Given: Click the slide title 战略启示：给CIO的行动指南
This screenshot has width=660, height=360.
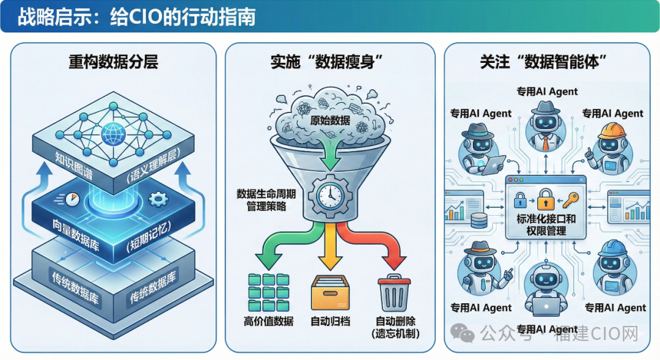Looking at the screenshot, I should click(136, 17).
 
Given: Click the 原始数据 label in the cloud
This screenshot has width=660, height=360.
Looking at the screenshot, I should click(330, 120).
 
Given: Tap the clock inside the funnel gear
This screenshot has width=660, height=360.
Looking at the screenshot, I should click(330, 194).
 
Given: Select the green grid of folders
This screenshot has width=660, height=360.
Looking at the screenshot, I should click(268, 293).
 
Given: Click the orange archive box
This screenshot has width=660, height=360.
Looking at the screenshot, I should click(330, 293).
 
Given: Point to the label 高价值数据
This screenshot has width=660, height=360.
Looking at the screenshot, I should click(268, 321).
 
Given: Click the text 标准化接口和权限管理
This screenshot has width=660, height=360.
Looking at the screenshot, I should click(546, 224).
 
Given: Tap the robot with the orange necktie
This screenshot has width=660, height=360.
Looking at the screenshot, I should click(544, 125).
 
